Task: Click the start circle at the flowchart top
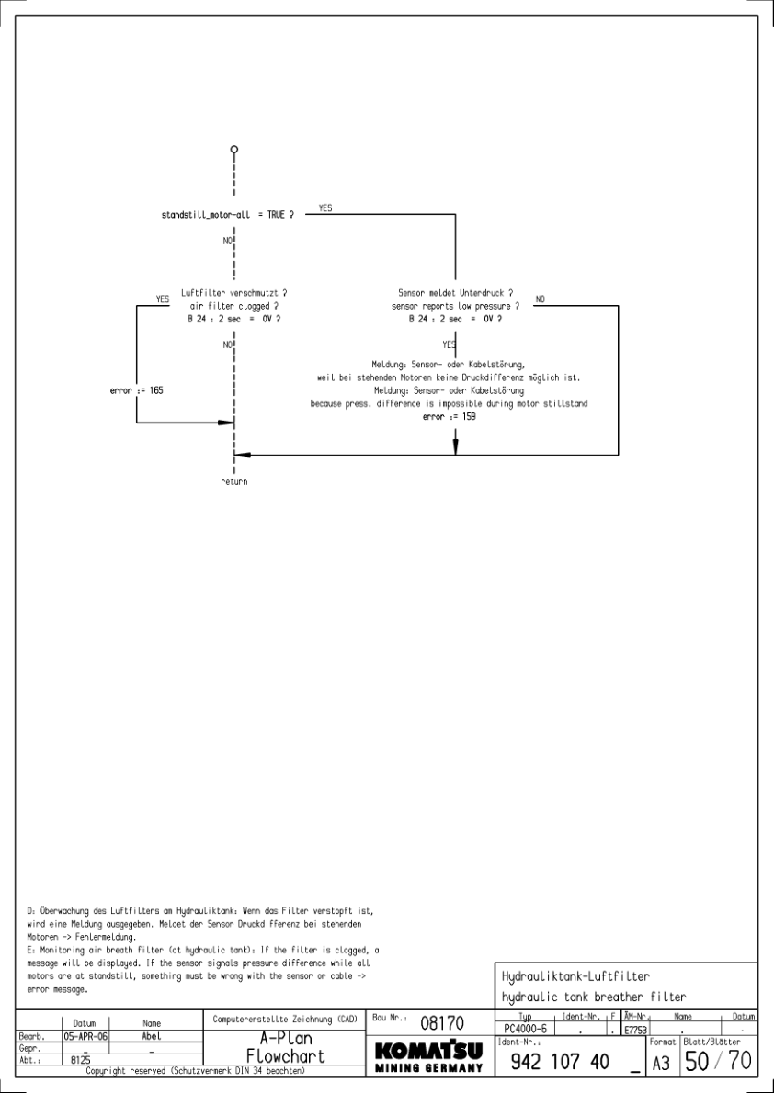(234, 149)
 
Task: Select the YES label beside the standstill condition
(325, 208)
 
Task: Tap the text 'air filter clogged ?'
(234, 305)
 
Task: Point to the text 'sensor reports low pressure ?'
(456, 305)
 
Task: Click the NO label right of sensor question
(540, 299)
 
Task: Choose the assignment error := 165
(137, 390)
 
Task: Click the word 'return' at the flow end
(234, 481)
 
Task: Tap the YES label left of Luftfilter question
(163, 299)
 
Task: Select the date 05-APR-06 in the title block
(82, 1034)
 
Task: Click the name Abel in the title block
(152, 1034)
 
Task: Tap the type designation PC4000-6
(522, 1030)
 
